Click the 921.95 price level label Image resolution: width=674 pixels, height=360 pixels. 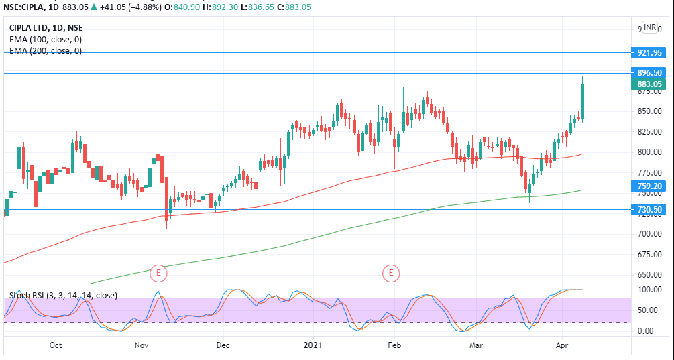click(x=650, y=52)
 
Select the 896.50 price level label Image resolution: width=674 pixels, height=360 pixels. click(x=650, y=73)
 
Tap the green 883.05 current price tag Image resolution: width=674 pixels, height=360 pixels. click(x=650, y=84)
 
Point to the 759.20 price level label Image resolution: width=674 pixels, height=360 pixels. click(x=650, y=186)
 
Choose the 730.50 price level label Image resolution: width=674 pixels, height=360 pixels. click(x=650, y=210)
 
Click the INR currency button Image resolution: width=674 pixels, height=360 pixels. click(x=650, y=27)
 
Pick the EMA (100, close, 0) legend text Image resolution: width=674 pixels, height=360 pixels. click(x=46, y=40)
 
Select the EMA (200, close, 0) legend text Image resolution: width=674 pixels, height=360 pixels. click(x=46, y=50)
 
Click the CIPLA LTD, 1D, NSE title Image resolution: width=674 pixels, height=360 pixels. click(x=46, y=28)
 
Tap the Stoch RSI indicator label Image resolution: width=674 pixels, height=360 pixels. click(x=63, y=295)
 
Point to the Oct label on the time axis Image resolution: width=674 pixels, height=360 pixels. click(x=56, y=345)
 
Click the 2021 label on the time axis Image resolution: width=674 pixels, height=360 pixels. click(x=313, y=345)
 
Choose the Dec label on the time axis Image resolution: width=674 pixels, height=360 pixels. click(x=223, y=345)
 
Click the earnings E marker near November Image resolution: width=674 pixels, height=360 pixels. click(x=159, y=273)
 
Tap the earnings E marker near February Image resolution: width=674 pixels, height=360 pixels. click(x=391, y=273)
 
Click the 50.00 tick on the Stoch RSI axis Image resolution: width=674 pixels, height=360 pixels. click(x=646, y=310)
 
